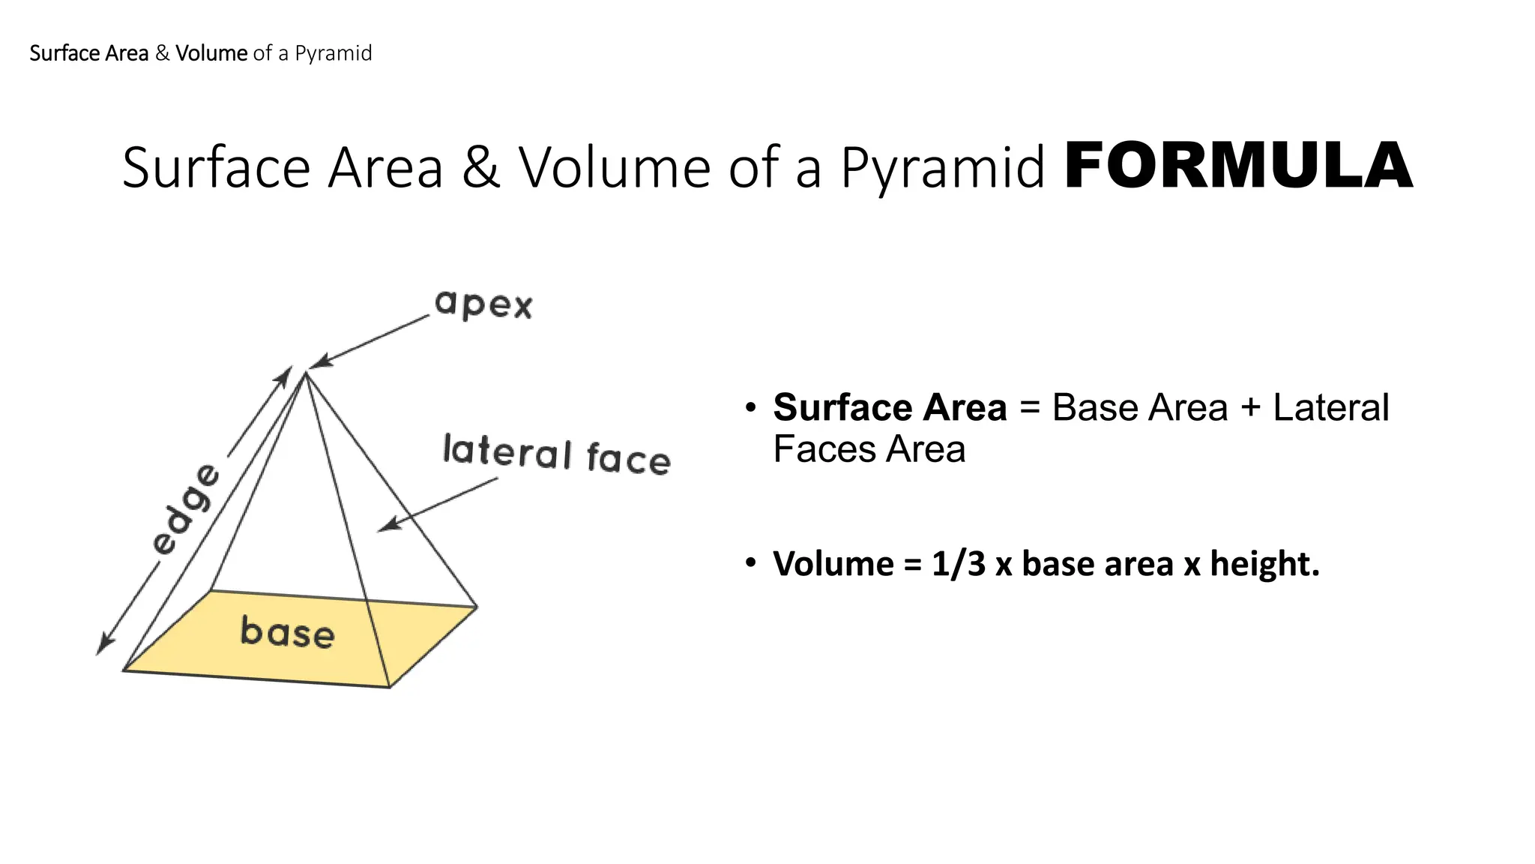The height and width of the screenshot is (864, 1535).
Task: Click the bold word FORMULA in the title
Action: (1237, 166)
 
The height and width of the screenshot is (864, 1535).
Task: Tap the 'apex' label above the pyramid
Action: (483, 304)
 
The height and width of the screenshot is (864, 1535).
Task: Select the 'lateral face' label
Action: (556, 454)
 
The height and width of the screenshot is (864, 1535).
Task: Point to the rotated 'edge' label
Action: (186, 509)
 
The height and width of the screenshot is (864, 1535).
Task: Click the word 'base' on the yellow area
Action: (287, 631)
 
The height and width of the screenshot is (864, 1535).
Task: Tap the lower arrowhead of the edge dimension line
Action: (103, 646)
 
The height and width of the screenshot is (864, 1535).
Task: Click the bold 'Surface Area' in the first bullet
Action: (890, 408)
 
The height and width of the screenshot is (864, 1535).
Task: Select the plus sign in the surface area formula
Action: (1250, 408)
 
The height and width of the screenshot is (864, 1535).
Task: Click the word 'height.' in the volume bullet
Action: (1264, 564)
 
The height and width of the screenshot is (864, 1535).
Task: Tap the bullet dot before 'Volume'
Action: (750, 562)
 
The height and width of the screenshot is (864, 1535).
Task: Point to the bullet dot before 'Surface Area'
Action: (750, 408)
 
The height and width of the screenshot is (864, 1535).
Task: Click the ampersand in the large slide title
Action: (480, 167)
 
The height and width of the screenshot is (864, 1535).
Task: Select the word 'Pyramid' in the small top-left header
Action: (333, 53)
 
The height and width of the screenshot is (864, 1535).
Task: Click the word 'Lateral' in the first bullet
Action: (1330, 408)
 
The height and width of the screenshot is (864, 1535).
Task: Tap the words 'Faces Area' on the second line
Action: (869, 450)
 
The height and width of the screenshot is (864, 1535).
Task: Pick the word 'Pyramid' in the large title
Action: (942, 167)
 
